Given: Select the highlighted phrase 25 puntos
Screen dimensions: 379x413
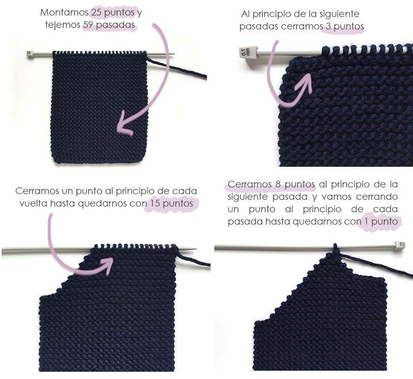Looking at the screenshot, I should click(x=113, y=12).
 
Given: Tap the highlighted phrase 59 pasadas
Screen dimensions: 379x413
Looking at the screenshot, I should click(x=109, y=25).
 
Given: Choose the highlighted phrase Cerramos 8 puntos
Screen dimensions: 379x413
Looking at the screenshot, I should click(x=271, y=184).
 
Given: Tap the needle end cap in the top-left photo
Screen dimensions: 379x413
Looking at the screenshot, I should click(x=30, y=53).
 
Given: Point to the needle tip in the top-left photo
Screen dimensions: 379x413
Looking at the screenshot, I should click(x=171, y=54).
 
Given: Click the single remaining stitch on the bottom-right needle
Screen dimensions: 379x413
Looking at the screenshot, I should click(x=335, y=247).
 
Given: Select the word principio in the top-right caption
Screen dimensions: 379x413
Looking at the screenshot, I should click(x=277, y=14).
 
